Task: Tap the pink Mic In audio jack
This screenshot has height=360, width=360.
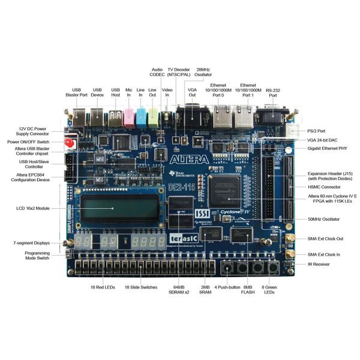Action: (x=128, y=118)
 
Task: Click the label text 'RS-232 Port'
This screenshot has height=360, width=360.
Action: (x=274, y=92)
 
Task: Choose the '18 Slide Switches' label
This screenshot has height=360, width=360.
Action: (x=140, y=287)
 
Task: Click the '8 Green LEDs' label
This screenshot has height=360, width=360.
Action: (x=269, y=290)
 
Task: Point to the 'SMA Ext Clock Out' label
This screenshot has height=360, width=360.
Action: (x=329, y=238)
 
